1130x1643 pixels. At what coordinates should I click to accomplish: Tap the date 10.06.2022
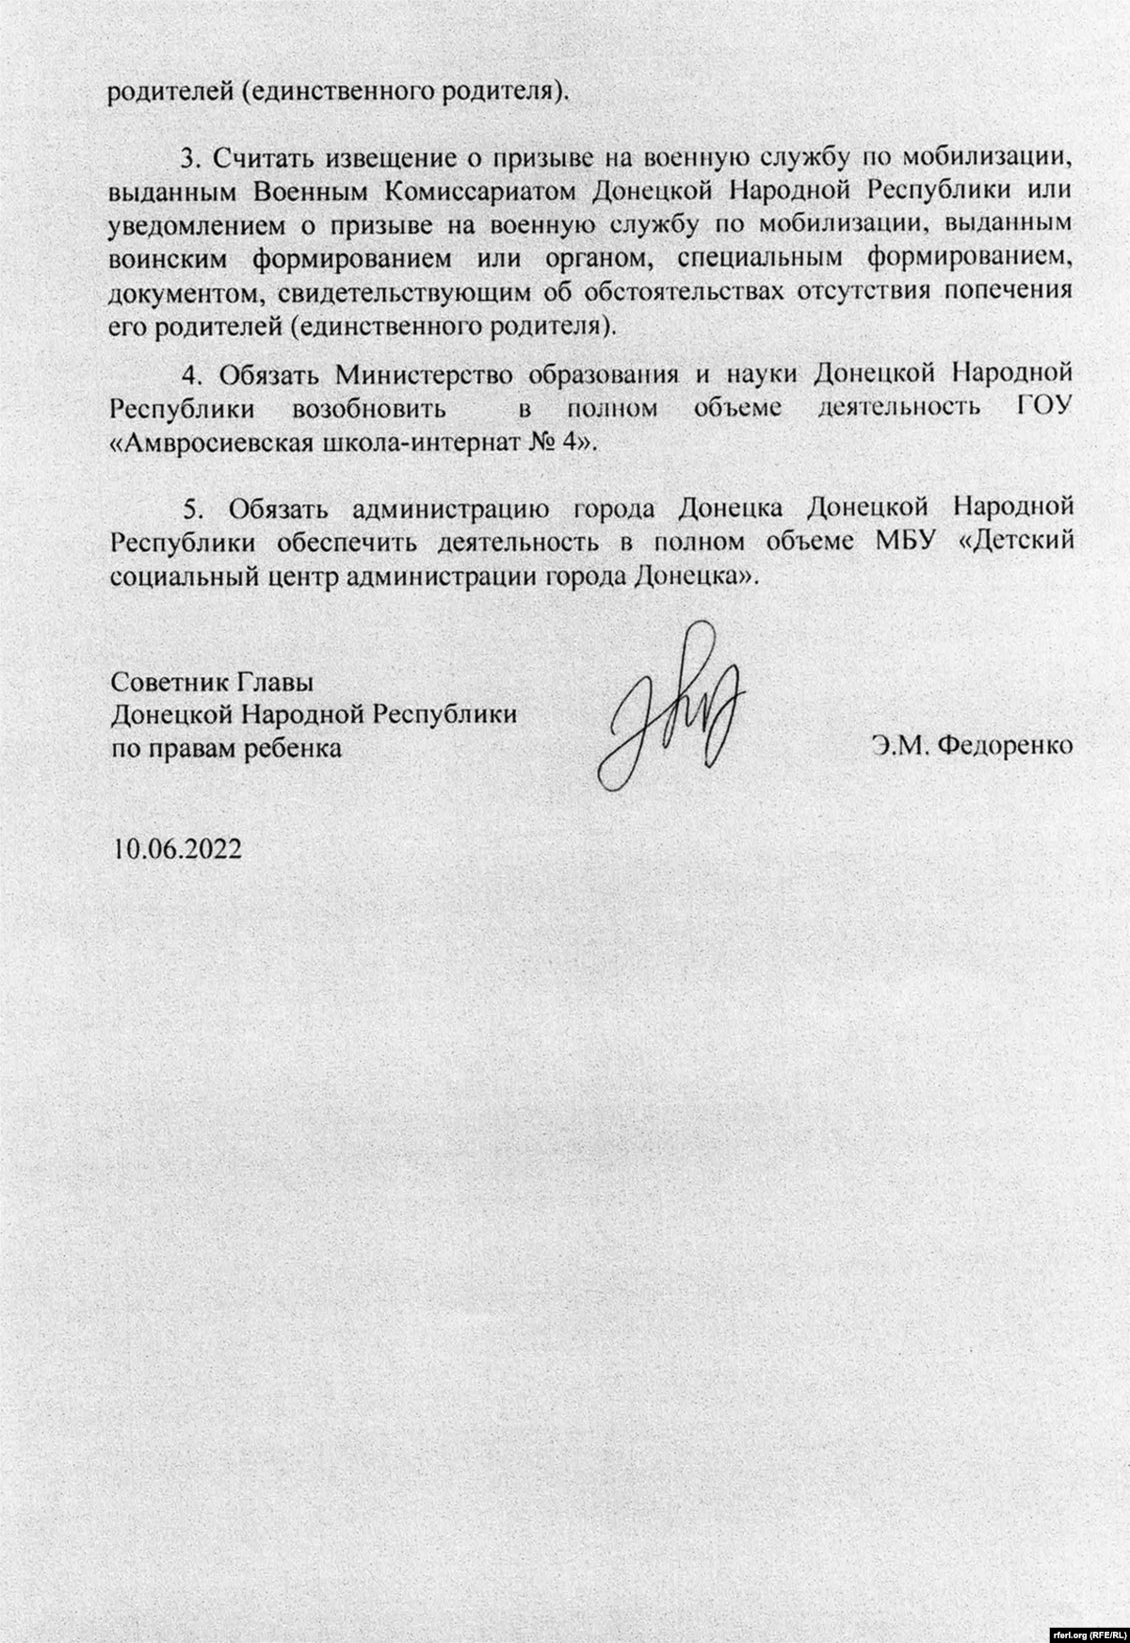(177, 848)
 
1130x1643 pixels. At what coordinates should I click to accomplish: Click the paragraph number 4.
(192, 375)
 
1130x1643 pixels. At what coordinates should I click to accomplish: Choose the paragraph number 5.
(192, 510)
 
